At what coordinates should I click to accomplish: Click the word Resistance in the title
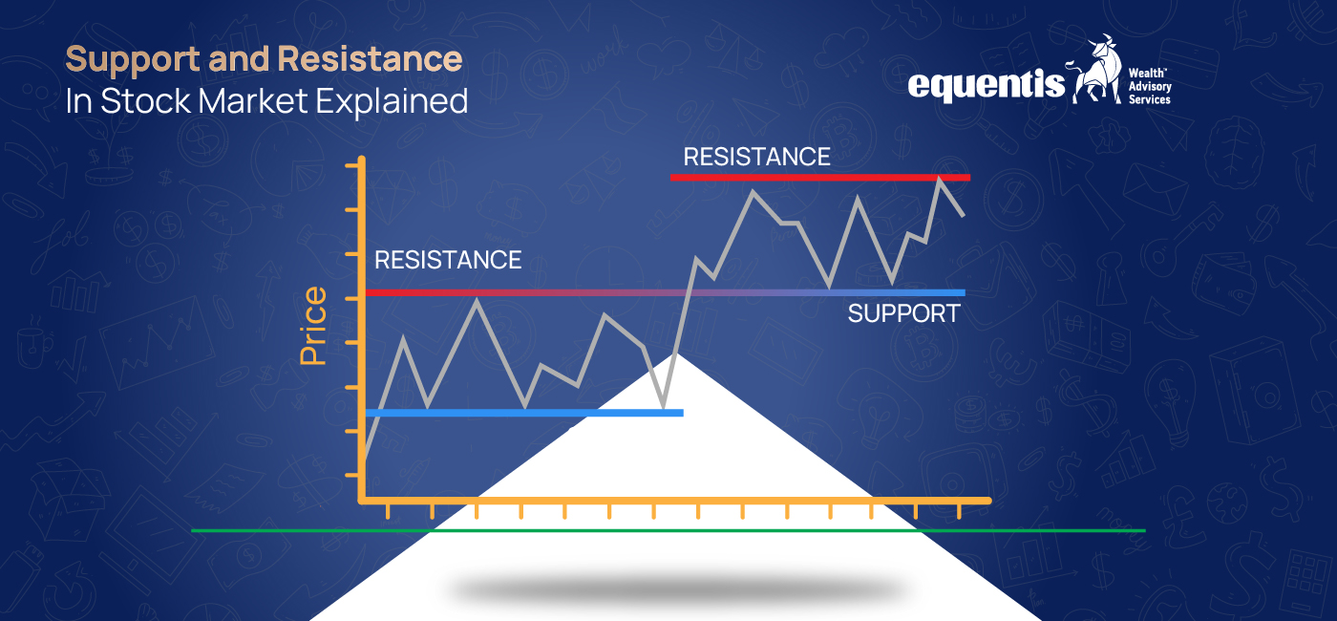(x=370, y=59)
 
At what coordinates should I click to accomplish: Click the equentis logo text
(x=986, y=85)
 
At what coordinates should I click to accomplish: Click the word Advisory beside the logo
(x=1150, y=87)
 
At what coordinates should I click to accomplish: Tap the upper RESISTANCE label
(x=756, y=157)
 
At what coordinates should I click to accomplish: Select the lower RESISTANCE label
(x=448, y=260)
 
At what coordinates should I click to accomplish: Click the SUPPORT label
(x=903, y=313)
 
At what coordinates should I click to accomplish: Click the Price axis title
(x=313, y=326)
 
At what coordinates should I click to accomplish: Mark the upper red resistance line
(x=819, y=178)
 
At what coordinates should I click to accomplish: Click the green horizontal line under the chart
(x=668, y=529)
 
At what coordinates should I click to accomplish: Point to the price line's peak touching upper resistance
(x=940, y=179)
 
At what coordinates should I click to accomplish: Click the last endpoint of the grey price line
(x=963, y=215)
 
